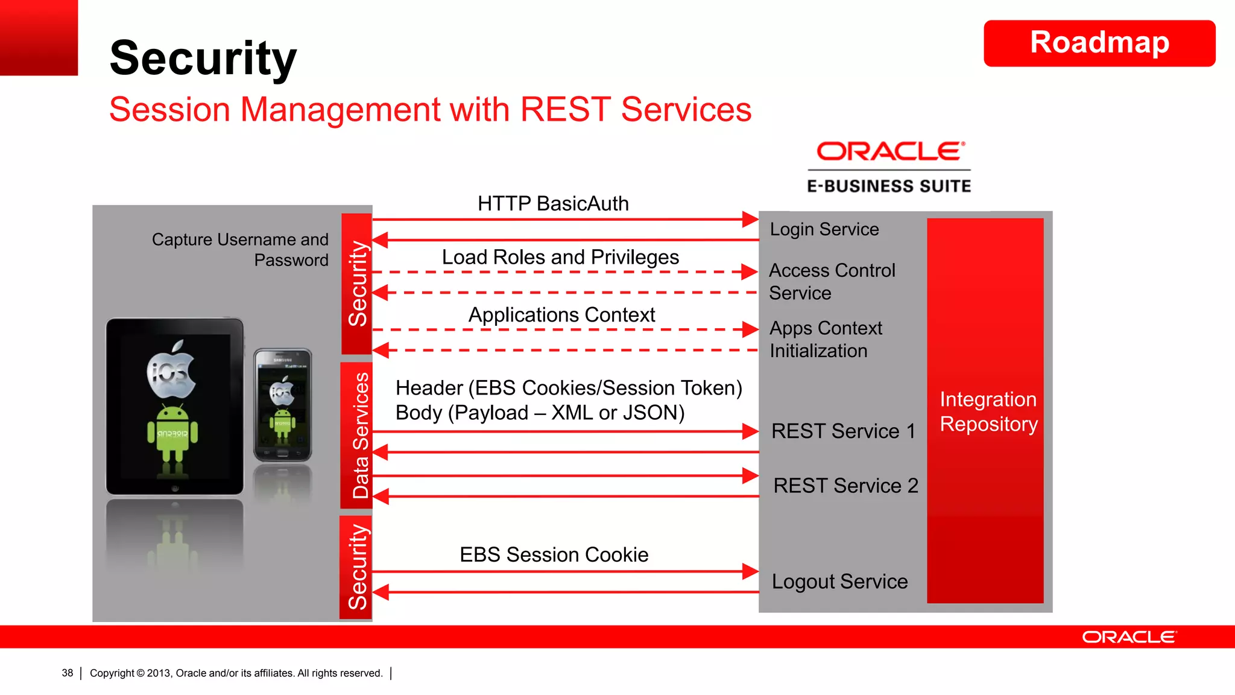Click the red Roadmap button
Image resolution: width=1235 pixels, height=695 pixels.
pyautogui.click(x=1099, y=43)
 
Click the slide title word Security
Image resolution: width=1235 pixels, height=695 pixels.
pyautogui.click(x=203, y=58)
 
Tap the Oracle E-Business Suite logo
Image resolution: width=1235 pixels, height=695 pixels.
pyautogui.click(x=889, y=167)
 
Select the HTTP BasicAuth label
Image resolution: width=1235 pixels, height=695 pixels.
pyautogui.click(x=552, y=204)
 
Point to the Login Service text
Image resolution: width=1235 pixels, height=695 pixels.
pyautogui.click(x=824, y=229)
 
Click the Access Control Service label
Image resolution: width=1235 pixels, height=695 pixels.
pyautogui.click(x=831, y=281)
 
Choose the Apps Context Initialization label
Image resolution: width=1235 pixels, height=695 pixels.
pyautogui.click(x=825, y=339)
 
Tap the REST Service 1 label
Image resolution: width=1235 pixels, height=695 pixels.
pyautogui.click(x=842, y=431)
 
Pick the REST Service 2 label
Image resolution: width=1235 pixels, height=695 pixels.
pyautogui.click(x=845, y=486)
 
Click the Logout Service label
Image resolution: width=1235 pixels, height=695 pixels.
pyautogui.click(x=839, y=582)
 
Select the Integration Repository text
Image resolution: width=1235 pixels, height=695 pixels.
pyautogui.click(x=988, y=411)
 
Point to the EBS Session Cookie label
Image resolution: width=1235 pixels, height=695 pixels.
pyautogui.click(x=554, y=554)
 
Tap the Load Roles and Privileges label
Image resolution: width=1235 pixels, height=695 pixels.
pyautogui.click(x=560, y=258)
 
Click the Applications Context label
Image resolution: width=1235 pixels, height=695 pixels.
pyautogui.click(x=561, y=315)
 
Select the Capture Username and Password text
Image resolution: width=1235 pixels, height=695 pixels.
pyautogui.click(x=240, y=250)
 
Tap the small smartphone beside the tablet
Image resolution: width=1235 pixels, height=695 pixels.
pyautogui.click(x=282, y=405)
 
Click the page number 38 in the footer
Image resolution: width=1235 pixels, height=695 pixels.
pyautogui.click(x=67, y=673)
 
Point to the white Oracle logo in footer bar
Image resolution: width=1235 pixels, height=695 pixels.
pyautogui.click(x=1128, y=637)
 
